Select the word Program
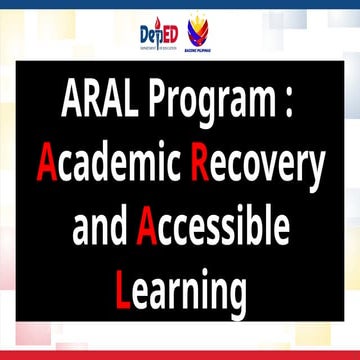(x=207, y=100)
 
